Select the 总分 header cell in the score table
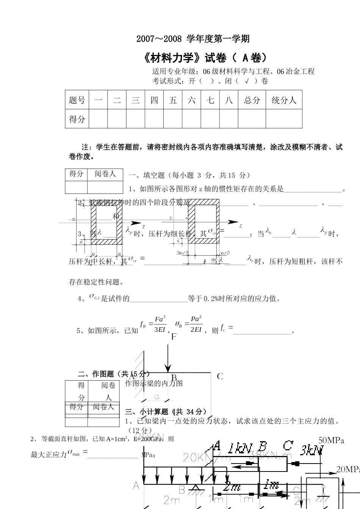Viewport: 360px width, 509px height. point(252,100)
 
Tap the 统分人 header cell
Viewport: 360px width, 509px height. point(284,100)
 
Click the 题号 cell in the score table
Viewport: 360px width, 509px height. point(77,100)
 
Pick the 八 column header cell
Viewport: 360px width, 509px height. point(229,100)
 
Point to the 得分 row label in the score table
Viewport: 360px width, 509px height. point(77,119)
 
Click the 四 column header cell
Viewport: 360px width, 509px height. point(154,100)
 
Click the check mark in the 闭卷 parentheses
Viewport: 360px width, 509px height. point(247,81)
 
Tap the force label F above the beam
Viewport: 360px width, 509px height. point(174,337)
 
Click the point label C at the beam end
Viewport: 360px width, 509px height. point(220,376)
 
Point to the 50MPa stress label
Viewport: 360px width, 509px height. point(331,440)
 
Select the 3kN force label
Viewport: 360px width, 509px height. point(312,450)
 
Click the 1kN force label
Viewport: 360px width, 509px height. point(240,449)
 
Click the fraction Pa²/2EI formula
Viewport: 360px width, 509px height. point(196,324)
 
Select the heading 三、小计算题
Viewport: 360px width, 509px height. point(166,412)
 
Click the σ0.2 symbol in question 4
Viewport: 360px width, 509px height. point(94,297)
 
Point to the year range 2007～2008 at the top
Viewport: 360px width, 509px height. point(159,39)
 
